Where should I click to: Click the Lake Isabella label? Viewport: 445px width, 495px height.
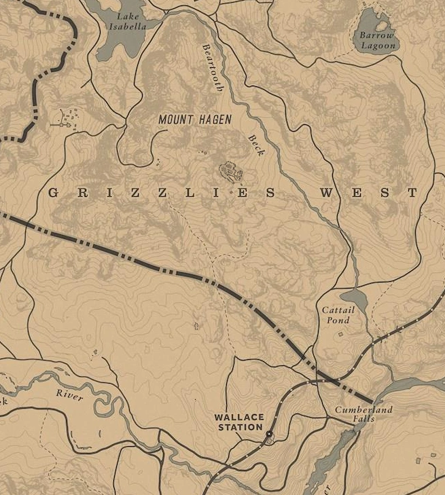(127, 20)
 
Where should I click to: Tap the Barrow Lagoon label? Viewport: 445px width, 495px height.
(376, 40)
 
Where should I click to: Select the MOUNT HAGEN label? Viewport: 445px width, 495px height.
(195, 120)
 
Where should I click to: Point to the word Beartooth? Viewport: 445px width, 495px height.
(213, 68)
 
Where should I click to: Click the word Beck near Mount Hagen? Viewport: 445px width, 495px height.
(255, 145)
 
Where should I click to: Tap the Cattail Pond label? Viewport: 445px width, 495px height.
(338, 315)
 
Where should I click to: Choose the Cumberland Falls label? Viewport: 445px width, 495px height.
(363, 414)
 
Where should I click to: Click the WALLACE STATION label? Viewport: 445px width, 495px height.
(238, 422)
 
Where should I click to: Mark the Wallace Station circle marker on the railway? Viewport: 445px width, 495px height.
(269, 433)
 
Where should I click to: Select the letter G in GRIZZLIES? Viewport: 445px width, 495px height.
(54, 194)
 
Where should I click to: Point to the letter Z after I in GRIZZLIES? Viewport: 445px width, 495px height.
(137, 194)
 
